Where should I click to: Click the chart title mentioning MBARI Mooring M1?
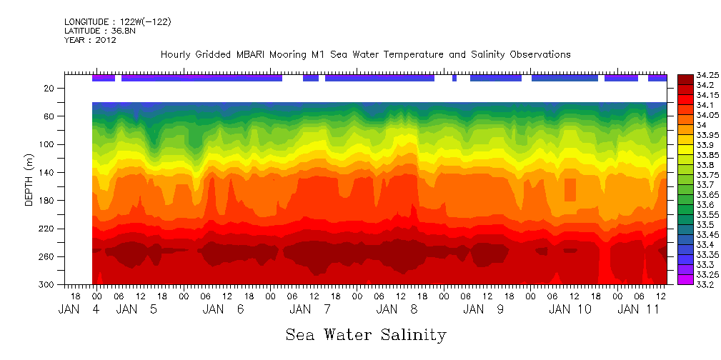click(x=366, y=54)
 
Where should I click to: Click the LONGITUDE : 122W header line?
click(x=117, y=22)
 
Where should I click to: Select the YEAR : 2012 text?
click(x=90, y=40)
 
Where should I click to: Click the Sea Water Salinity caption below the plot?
click(x=366, y=334)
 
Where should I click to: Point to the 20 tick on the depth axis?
click(x=50, y=88)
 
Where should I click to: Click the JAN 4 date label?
click(x=79, y=309)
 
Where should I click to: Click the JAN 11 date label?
click(x=639, y=309)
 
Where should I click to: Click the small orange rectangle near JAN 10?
click(x=570, y=190)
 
